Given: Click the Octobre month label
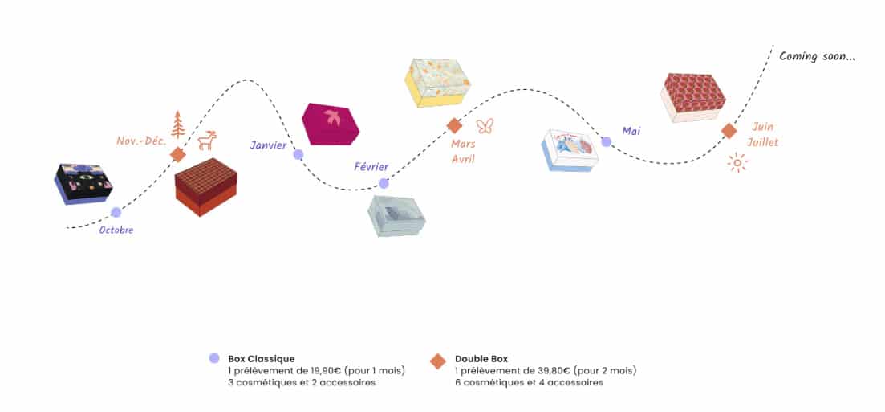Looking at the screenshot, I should (116, 230).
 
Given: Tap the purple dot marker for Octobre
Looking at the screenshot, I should (116, 212).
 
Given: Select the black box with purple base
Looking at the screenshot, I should (83, 183).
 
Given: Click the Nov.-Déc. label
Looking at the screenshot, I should (141, 141).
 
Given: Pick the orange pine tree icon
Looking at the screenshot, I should (177, 124).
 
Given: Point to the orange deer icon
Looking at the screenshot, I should (207, 141).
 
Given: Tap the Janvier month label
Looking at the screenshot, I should (268, 145).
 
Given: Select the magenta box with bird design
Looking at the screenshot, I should (330, 124).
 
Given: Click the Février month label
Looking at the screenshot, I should (371, 167).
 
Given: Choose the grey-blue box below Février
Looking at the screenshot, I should (396, 214).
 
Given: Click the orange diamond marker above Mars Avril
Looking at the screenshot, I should (454, 125).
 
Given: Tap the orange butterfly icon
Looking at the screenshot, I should (484, 125).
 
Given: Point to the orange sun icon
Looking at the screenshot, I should (737, 163).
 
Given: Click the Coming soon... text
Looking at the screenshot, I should (817, 56).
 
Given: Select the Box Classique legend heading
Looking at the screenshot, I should (262, 358).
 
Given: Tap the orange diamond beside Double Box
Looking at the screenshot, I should (437, 361).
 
